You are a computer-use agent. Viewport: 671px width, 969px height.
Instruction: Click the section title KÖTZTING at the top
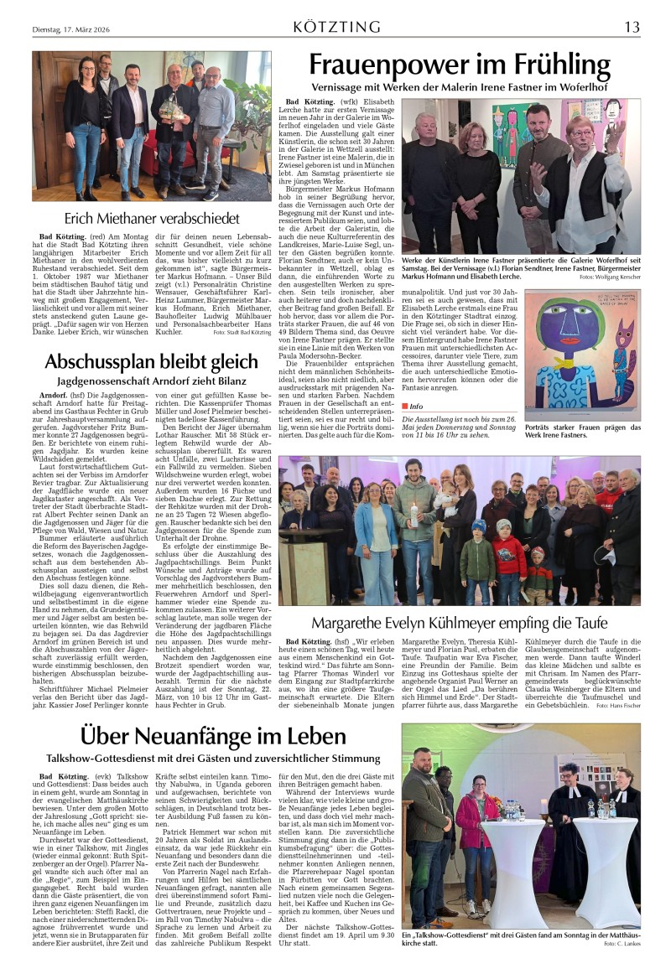335,27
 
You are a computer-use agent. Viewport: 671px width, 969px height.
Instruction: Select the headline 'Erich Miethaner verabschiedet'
152,219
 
